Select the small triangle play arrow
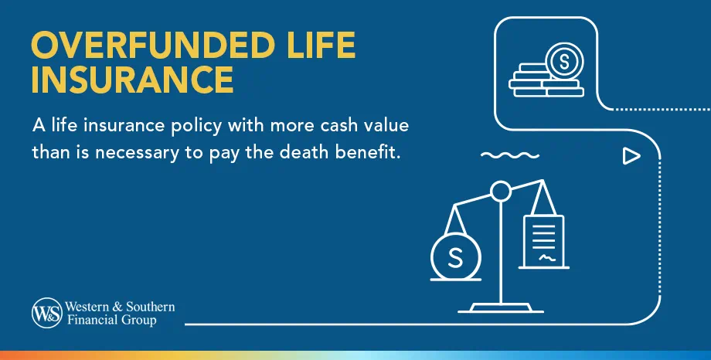coord(631,157)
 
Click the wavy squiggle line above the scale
coord(509,155)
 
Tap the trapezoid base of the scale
coord(501,308)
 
